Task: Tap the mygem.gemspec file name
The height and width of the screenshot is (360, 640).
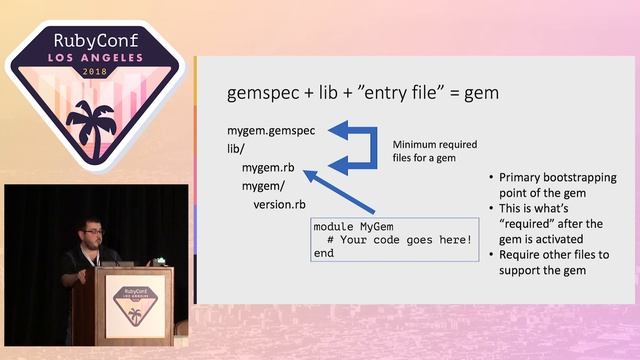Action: [x=272, y=131]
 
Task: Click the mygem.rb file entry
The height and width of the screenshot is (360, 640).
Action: [x=268, y=167]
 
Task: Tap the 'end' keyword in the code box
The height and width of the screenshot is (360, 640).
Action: [x=324, y=254]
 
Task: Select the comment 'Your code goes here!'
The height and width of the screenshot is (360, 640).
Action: [x=400, y=240]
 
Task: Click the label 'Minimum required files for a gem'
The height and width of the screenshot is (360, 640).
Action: [x=429, y=149]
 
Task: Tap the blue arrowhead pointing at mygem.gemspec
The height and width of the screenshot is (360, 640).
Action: [x=340, y=130]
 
